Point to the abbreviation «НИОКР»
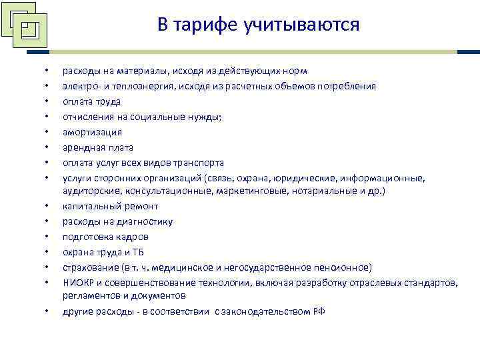pyautogui.click(x=77, y=283)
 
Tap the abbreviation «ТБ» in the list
pyautogui.click(x=137, y=252)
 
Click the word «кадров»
pyautogui.click(x=134, y=237)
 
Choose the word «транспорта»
pyautogui.click(x=200, y=163)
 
